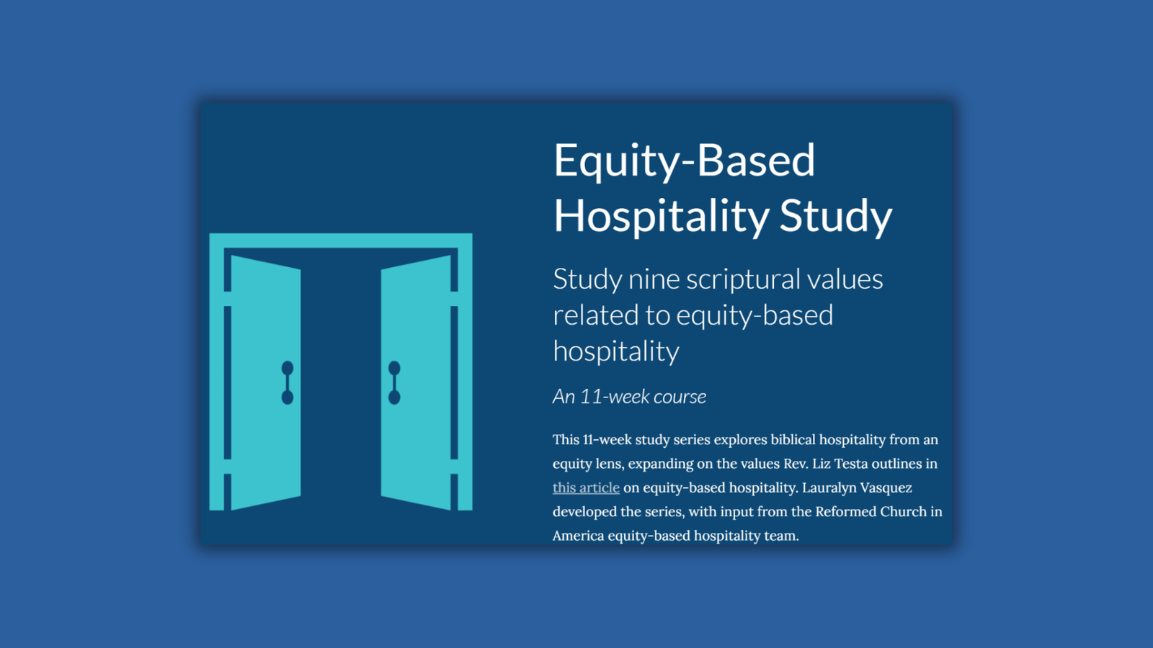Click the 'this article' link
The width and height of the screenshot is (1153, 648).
tap(586, 487)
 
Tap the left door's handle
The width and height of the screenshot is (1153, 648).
tap(288, 382)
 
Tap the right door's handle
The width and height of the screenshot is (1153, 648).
tap(394, 382)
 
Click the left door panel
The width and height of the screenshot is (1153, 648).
tap(266, 382)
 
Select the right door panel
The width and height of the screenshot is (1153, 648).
tap(416, 382)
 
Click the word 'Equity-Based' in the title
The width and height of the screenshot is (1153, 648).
tap(684, 161)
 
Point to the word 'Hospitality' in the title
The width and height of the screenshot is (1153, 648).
tap(662, 216)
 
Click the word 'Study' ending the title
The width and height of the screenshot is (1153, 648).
tap(836, 216)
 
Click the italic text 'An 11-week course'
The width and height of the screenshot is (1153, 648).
tap(629, 397)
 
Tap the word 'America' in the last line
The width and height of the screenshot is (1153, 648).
tap(578, 536)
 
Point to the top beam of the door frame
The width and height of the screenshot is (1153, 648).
tap(341, 240)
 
